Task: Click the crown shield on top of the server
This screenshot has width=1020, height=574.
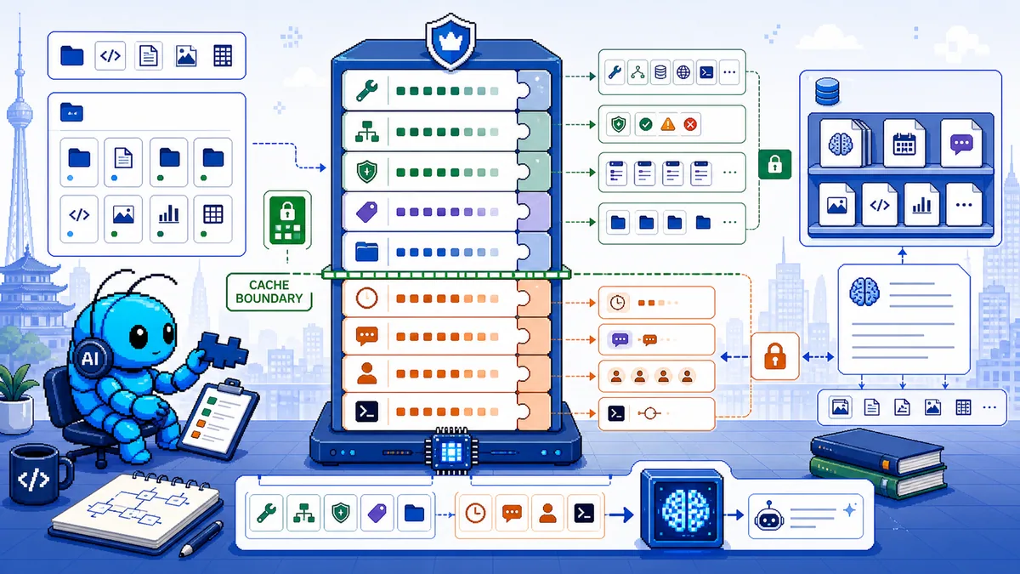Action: coord(450,41)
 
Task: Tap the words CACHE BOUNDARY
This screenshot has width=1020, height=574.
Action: coord(269,292)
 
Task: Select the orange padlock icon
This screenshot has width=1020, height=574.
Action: coord(775,355)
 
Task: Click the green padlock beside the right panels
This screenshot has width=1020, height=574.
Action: coord(774,164)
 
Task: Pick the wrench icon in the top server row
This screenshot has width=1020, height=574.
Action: coord(366,90)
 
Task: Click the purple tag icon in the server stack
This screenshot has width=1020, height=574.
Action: coord(366,213)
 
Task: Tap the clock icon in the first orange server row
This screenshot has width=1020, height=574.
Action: coord(366,298)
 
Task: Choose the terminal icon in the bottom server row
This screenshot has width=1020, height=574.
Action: coord(366,412)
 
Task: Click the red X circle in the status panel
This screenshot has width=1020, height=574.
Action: coord(690,124)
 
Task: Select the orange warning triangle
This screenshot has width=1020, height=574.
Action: coord(667,124)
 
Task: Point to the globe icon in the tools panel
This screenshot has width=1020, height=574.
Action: coord(683,72)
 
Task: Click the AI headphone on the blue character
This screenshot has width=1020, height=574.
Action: coord(91,358)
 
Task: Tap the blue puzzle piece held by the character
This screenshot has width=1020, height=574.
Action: coord(222,350)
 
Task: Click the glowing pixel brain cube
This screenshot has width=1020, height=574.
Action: coord(682,509)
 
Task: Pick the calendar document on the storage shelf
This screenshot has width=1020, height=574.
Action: coord(904,144)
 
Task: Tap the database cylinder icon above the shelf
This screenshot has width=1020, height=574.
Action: coord(827,92)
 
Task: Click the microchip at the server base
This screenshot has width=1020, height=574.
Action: coord(450,452)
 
